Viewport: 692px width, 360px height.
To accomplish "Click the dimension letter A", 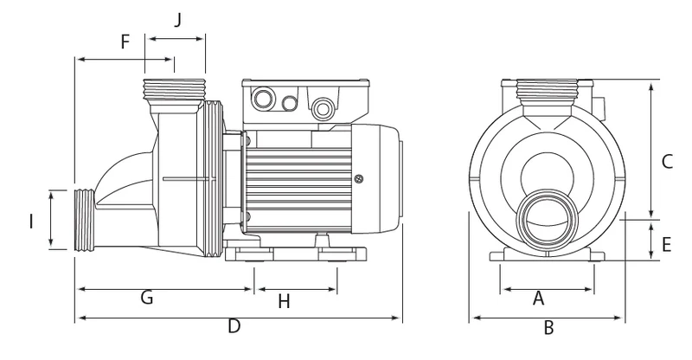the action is (x=538, y=299).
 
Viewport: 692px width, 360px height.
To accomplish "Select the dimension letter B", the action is (x=548, y=328).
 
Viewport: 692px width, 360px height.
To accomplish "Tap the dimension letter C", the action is (x=667, y=162).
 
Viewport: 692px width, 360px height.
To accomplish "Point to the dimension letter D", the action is (x=234, y=326).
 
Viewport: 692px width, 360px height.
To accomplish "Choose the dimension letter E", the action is (x=666, y=245).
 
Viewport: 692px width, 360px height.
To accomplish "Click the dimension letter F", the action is (x=125, y=42).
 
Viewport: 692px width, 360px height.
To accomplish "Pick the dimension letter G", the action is (x=147, y=298).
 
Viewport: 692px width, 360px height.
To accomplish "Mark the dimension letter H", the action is (x=285, y=302).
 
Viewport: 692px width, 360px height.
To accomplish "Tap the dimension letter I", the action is (x=31, y=222).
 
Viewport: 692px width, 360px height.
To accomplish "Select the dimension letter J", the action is (x=177, y=20).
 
